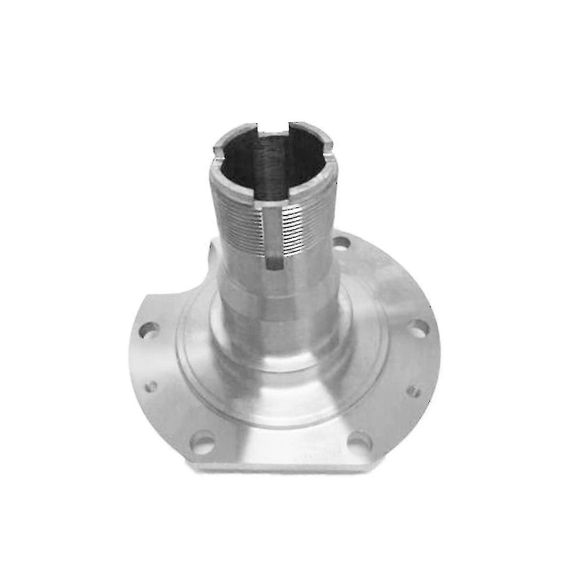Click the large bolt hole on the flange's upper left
(149, 330)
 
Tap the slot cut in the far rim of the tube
(273, 129)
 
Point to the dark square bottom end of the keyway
(274, 263)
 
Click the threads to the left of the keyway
(241, 224)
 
